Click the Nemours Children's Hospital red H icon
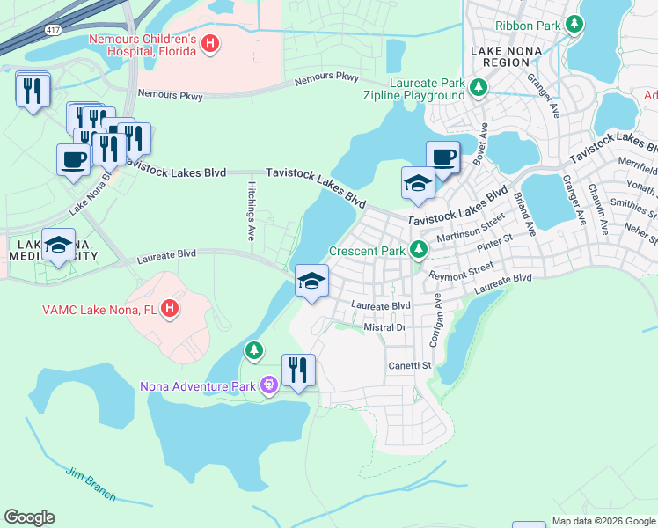click(x=210, y=42)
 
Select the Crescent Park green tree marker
click(x=419, y=251)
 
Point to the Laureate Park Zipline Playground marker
click(x=478, y=87)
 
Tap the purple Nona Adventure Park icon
click(x=269, y=385)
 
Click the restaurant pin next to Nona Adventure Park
click(x=298, y=371)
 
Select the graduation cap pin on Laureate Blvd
click(x=311, y=282)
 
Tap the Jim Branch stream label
click(x=91, y=484)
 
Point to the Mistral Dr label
click(x=383, y=327)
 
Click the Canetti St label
click(x=410, y=365)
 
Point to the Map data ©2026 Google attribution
click(x=603, y=521)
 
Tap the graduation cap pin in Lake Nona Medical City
click(x=59, y=247)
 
